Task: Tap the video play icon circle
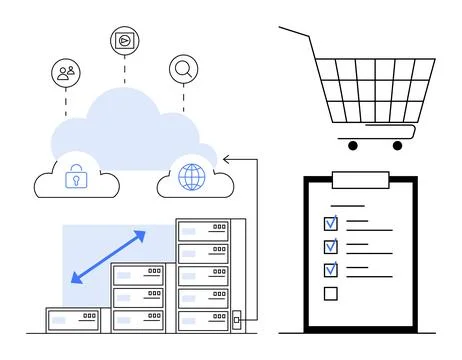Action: pos(124,41)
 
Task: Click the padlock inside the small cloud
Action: pos(74,178)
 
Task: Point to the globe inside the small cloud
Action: pos(190,177)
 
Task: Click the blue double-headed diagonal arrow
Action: pos(108,256)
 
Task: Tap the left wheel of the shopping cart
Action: pos(354,145)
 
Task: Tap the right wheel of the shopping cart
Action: pos(397,145)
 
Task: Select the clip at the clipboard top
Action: pos(360,180)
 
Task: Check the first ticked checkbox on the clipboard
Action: pos(331,222)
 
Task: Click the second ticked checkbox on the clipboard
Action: pos(331,246)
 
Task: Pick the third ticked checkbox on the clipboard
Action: pos(331,270)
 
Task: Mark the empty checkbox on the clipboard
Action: pos(331,294)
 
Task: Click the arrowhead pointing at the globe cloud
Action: pos(227,157)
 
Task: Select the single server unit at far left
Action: pos(73,320)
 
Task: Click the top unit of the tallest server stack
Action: pos(203,231)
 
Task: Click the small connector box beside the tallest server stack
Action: pos(237,321)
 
